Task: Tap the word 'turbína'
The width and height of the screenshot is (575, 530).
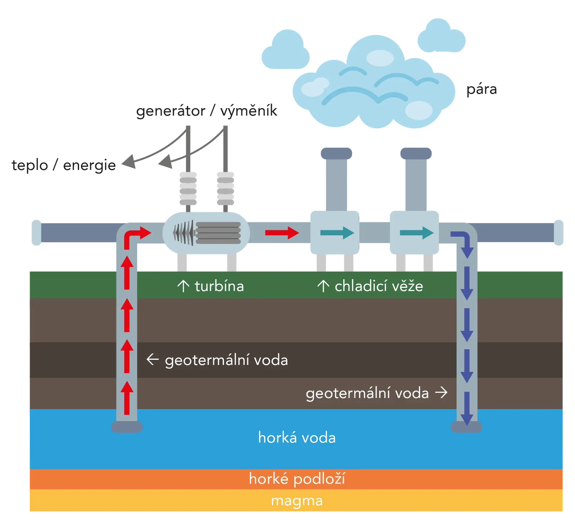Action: click(220, 286)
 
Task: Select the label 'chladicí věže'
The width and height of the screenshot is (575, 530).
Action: click(379, 286)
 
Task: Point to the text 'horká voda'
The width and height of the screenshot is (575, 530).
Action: click(297, 438)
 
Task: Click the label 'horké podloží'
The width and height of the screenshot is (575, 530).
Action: click(297, 478)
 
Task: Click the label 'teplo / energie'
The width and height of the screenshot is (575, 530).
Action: click(64, 165)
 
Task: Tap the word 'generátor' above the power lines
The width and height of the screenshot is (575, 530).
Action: click(171, 111)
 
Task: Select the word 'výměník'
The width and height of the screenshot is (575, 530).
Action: click(249, 111)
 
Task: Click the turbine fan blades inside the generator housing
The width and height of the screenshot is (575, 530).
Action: click(183, 233)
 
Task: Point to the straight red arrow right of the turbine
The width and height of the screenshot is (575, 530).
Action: click(282, 233)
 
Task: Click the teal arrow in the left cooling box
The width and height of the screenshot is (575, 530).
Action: click(337, 233)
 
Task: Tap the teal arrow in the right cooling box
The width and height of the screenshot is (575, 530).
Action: click(417, 233)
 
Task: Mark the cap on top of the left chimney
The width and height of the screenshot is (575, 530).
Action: click(336, 153)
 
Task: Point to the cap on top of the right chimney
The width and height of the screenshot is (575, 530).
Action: click(416, 153)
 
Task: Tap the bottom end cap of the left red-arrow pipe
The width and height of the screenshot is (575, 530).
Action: click(127, 427)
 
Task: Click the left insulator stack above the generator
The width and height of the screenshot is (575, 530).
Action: click(188, 188)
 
